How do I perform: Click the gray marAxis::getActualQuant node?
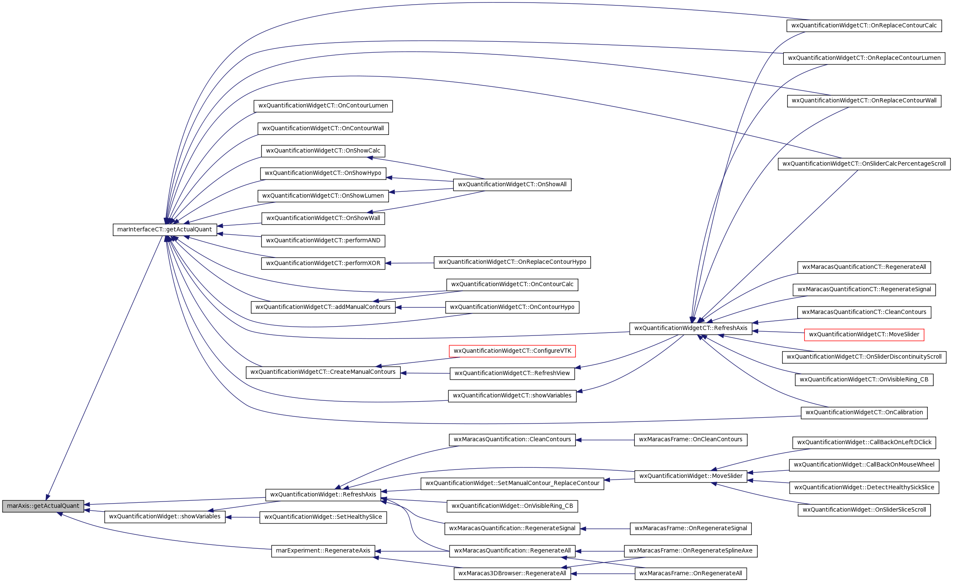(43, 506)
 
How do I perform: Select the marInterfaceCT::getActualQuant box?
(165, 230)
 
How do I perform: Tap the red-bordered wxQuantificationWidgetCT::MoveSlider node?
(864, 335)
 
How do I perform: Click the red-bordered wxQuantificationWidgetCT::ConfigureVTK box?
(512, 351)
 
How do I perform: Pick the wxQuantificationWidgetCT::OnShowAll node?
(512, 185)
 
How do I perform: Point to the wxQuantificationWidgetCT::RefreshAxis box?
(691, 328)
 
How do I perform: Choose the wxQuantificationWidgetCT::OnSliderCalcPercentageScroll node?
(864, 164)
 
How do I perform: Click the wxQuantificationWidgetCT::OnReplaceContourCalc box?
(864, 26)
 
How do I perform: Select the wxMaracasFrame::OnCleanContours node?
(691, 440)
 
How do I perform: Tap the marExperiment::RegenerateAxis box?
(323, 551)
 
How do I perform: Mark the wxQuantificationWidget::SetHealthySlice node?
(323, 517)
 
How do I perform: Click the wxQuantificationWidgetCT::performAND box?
(323, 241)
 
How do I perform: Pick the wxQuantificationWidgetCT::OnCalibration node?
(864, 413)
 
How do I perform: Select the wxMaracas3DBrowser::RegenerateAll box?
(512, 574)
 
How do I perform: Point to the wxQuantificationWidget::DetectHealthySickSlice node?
(864, 488)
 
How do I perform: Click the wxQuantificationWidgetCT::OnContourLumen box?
(323, 106)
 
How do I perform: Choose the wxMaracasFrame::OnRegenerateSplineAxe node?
(691, 551)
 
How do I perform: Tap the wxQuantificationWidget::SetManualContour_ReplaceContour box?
(512, 483)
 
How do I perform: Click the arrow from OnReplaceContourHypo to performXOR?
(410, 263)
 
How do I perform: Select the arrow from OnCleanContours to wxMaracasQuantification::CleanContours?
(605, 440)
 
